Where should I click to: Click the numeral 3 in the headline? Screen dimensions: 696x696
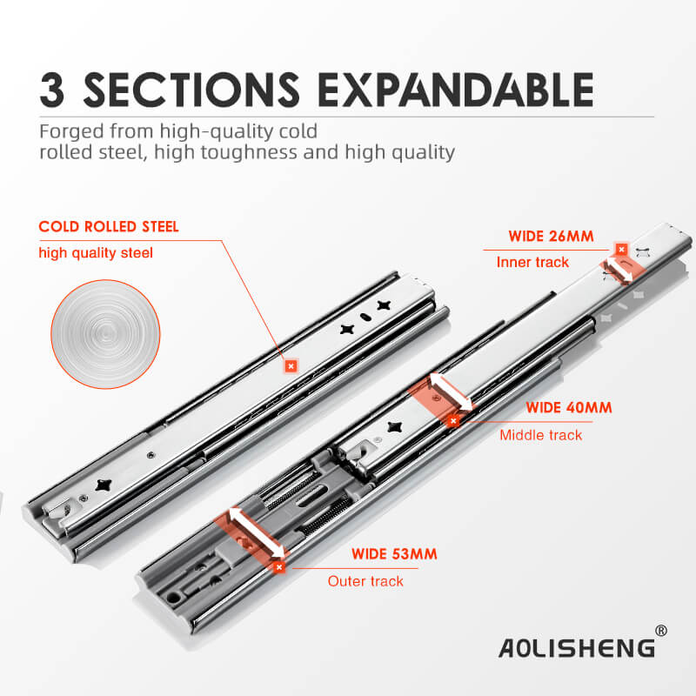(52, 90)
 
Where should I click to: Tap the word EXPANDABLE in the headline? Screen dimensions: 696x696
(456, 90)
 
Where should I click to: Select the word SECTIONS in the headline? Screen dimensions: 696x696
(191, 90)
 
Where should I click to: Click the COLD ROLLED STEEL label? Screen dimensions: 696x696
(109, 226)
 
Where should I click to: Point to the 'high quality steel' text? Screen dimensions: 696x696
(96, 252)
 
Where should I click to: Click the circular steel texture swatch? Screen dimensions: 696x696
(105, 334)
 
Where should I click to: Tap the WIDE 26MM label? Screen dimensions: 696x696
(551, 236)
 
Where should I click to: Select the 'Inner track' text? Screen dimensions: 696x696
(532, 262)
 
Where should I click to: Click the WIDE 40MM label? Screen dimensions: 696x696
(569, 407)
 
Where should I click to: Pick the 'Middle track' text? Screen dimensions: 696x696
(540, 435)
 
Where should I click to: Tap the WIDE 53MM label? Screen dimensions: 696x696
(394, 554)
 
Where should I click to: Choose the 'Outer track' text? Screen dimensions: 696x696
(365, 581)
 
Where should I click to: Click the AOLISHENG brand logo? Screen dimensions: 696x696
(577, 647)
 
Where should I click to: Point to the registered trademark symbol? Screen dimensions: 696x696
(661, 630)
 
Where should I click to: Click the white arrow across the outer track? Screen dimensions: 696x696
(257, 532)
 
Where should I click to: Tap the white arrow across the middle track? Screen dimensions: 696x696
(451, 391)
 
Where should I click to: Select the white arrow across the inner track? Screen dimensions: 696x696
(619, 270)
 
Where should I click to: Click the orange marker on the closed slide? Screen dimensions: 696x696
(291, 366)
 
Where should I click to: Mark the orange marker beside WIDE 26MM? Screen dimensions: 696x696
(621, 250)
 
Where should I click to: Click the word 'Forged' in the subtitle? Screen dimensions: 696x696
(72, 132)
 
